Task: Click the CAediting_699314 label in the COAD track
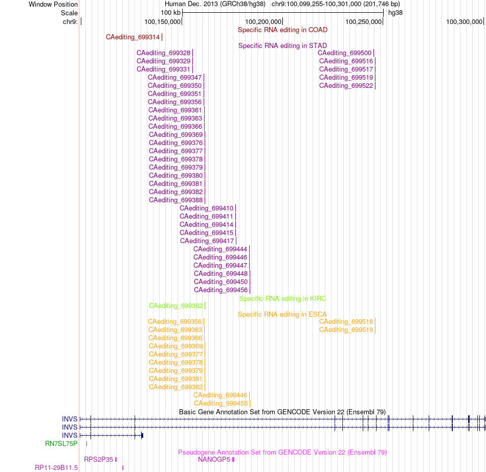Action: coord(132,37)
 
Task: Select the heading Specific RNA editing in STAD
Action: coord(283,46)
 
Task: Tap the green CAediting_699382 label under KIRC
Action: coord(176,306)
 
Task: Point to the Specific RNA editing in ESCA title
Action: coord(282,315)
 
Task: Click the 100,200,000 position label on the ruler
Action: coord(263,22)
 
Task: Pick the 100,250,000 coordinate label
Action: coord(364,22)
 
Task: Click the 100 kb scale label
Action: coord(170,13)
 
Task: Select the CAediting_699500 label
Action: coord(344,53)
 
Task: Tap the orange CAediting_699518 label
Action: coord(346,322)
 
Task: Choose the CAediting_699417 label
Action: coord(207,241)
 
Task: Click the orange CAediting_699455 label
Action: coord(220,403)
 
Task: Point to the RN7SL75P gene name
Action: coord(61,443)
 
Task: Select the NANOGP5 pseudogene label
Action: coord(214,460)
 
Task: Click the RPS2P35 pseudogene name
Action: coord(99,460)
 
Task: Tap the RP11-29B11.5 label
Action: coord(56,468)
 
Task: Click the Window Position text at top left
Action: coord(53,4)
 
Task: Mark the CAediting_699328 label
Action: coord(163,53)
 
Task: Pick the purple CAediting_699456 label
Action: coord(220,290)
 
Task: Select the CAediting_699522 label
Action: coord(346,86)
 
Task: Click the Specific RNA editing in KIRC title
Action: coord(283,299)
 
